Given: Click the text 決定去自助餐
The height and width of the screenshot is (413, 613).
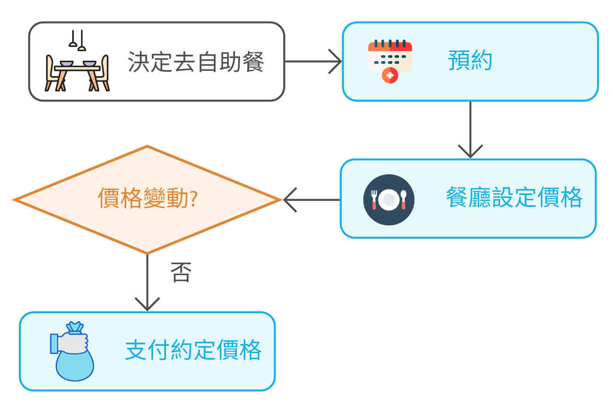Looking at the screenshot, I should pos(196,62).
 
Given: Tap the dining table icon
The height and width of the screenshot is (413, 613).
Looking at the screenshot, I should pos(77,74).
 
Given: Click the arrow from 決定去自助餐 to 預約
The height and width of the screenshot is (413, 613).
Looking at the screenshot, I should pos(313,62).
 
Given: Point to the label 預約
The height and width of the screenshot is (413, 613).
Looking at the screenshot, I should pos(470,61).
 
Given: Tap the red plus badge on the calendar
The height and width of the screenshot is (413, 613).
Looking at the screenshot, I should pos(390,75).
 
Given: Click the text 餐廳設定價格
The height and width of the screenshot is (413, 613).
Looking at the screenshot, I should pos(514,198).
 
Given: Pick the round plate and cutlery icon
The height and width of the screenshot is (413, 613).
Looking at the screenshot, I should pos(389,200).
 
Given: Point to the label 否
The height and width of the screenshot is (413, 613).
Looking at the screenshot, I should pos(181,272).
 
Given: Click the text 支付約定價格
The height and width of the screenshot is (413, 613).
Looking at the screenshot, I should pos(193,350).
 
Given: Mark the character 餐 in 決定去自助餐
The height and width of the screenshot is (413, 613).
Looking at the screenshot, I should pos(253,62).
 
